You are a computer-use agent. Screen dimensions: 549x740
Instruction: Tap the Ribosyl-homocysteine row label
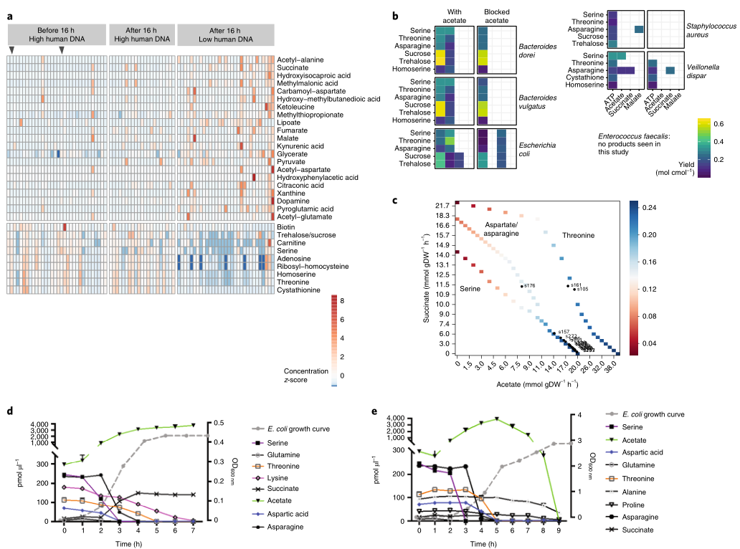pos(310,267)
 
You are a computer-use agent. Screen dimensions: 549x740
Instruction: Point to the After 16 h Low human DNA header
pos(226,33)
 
